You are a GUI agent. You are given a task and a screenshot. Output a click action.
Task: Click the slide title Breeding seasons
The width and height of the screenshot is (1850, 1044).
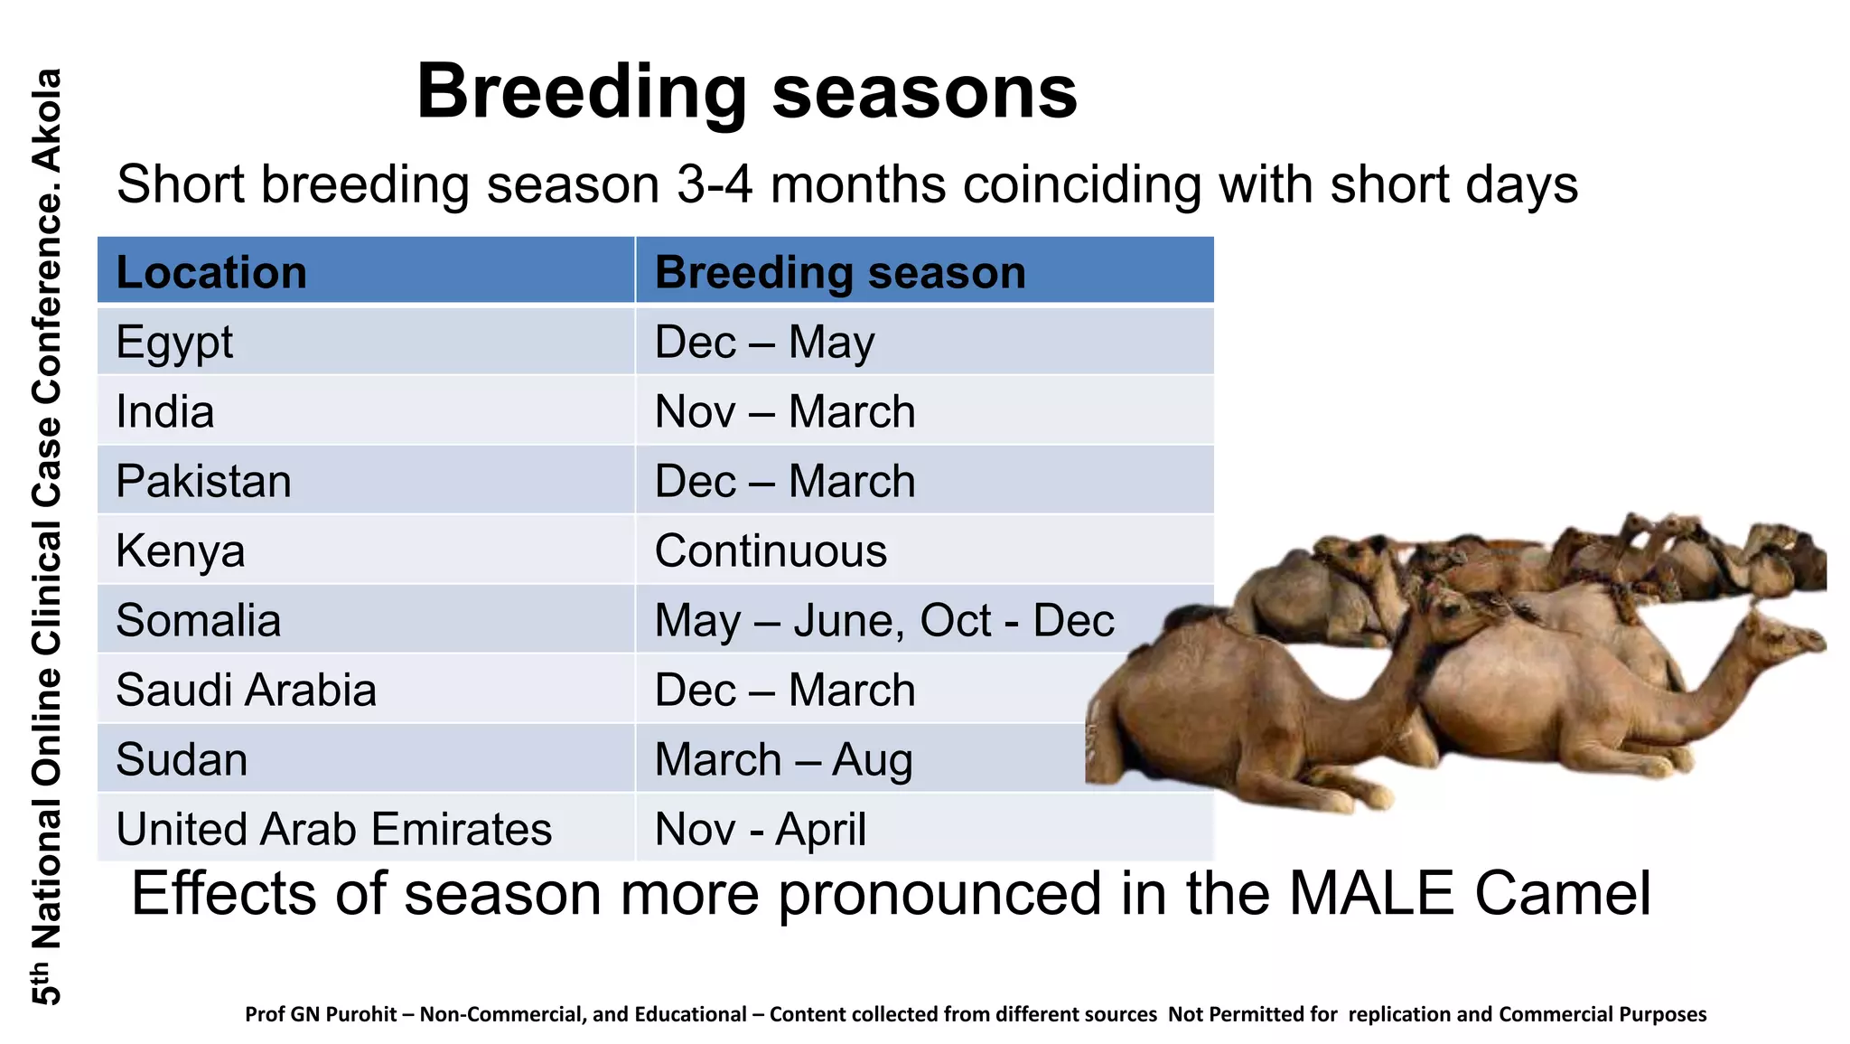[x=746, y=92]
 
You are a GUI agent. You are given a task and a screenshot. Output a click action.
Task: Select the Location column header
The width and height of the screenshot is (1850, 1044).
[x=211, y=272]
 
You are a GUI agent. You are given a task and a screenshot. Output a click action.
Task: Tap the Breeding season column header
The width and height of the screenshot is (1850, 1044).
[x=839, y=272]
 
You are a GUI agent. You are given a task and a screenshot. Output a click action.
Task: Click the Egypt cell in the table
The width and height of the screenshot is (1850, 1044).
[x=174, y=342]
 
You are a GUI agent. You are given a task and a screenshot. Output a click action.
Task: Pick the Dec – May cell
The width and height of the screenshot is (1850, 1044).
[x=764, y=342]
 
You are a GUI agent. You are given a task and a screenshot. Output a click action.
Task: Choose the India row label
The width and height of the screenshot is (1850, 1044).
[x=165, y=411]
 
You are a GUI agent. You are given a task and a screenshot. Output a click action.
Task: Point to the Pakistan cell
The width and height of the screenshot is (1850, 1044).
[x=203, y=481]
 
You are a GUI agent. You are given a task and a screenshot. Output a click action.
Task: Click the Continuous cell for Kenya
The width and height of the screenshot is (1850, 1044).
[x=771, y=550]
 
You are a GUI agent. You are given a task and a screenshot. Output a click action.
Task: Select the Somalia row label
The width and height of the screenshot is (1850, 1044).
[x=198, y=620]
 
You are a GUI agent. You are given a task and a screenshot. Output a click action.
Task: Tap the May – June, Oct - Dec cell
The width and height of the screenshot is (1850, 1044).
[x=883, y=620]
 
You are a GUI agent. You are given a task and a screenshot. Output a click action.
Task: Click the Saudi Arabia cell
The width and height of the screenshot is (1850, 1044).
[x=246, y=690]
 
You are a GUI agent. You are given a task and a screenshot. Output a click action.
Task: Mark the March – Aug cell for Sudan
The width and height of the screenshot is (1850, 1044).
[x=783, y=759]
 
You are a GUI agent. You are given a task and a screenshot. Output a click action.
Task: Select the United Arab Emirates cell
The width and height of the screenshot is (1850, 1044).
[x=333, y=829]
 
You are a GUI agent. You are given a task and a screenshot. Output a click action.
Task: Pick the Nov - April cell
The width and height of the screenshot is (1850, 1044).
[x=760, y=829]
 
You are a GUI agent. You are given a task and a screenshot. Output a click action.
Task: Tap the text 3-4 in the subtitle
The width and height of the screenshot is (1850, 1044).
[x=714, y=184]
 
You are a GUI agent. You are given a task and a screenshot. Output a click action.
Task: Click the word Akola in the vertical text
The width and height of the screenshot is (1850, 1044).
[x=47, y=119]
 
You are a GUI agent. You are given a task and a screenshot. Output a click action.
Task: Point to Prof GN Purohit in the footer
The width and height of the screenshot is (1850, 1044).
[x=320, y=1014]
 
